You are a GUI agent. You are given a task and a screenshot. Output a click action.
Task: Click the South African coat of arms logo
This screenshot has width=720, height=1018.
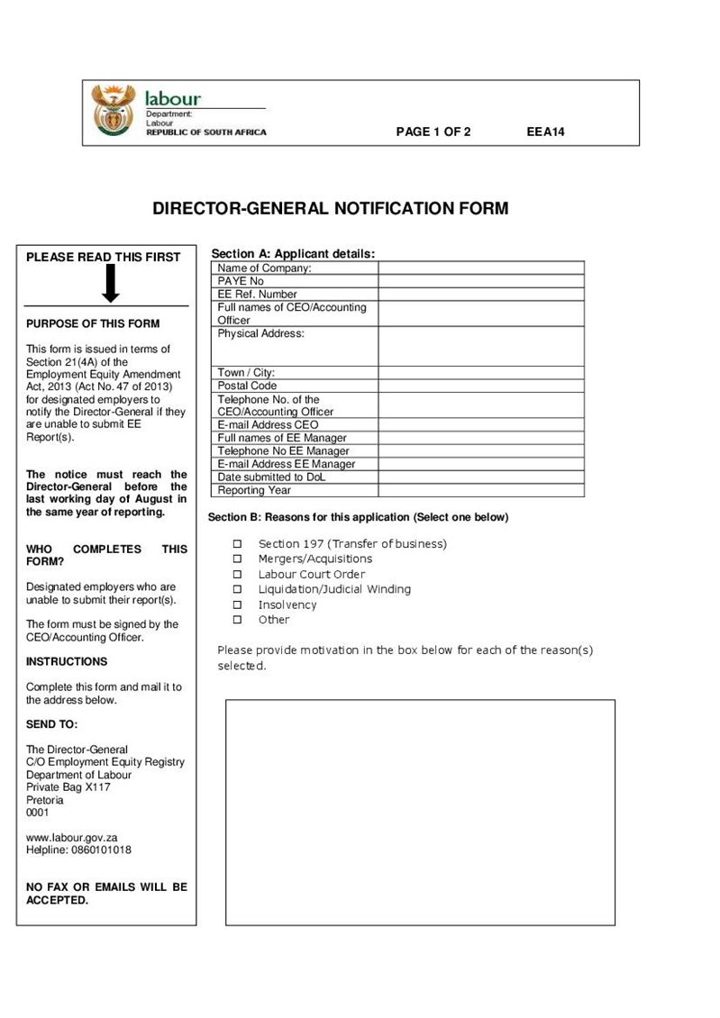[x=113, y=111]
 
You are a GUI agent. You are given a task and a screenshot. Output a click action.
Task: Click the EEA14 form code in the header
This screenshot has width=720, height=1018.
[x=545, y=132]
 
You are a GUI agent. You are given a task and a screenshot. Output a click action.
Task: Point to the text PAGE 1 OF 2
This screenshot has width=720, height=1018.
[x=433, y=132]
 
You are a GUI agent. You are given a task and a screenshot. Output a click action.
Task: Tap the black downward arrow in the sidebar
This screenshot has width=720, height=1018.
[x=110, y=285]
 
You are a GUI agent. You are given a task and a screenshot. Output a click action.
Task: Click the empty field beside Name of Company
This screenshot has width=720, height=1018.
[x=480, y=268]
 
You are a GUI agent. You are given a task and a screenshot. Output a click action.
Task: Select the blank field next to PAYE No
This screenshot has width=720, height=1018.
[x=480, y=281]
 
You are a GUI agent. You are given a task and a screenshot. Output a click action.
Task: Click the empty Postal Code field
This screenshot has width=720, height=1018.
[x=480, y=386]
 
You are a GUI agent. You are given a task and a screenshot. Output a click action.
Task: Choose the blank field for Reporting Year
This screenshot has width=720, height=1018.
[x=480, y=490]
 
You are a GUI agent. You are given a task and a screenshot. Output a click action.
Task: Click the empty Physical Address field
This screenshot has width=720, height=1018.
[x=480, y=346]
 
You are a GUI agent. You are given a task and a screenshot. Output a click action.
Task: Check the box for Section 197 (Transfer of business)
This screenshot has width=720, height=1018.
[x=238, y=544]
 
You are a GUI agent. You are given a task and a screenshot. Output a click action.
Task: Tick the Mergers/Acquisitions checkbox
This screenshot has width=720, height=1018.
[x=238, y=559]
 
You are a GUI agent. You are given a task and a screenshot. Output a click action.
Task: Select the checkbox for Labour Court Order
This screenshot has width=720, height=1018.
[x=238, y=575]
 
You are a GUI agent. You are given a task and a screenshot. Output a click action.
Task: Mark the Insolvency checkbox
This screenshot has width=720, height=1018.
[x=238, y=605]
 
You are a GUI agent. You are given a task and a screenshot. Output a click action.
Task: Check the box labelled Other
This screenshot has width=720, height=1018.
[x=238, y=620]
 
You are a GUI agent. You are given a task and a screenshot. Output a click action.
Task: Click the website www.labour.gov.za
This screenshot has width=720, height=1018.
[x=72, y=837]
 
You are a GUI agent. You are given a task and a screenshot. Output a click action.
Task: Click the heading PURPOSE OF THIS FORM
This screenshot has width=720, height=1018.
[x=93, y=323]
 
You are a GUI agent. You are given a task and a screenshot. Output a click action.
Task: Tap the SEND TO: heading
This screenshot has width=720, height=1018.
[x=52, y=724]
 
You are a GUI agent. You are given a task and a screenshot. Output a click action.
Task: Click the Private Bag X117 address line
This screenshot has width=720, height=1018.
[x=68, y=786]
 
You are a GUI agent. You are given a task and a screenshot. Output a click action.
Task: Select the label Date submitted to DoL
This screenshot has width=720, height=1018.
[x=271, y=477]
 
